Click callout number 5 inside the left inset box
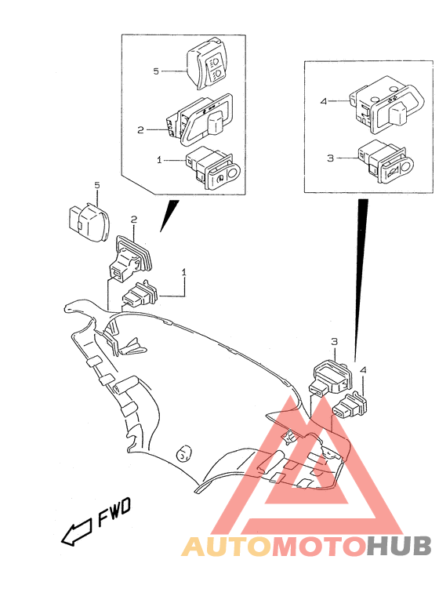tap(156, 71)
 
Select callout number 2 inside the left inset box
tap(140, 129)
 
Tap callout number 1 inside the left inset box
tap(159, 159)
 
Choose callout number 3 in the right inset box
tap(331, 158)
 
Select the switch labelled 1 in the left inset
tap(212, 167)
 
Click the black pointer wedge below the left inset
tap(169, 215)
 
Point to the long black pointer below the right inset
tap(360, 274)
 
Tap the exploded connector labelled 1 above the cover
tap(140, 297)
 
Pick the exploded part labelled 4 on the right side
tap(350, 406)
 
